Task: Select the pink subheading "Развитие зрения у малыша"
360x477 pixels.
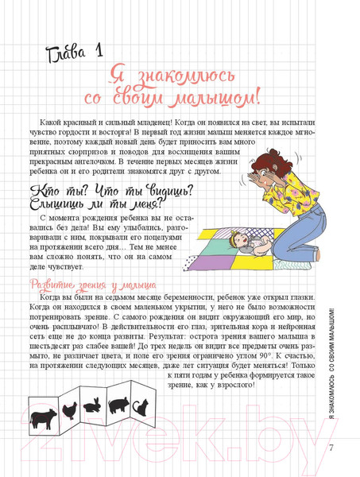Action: coord(92,285)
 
